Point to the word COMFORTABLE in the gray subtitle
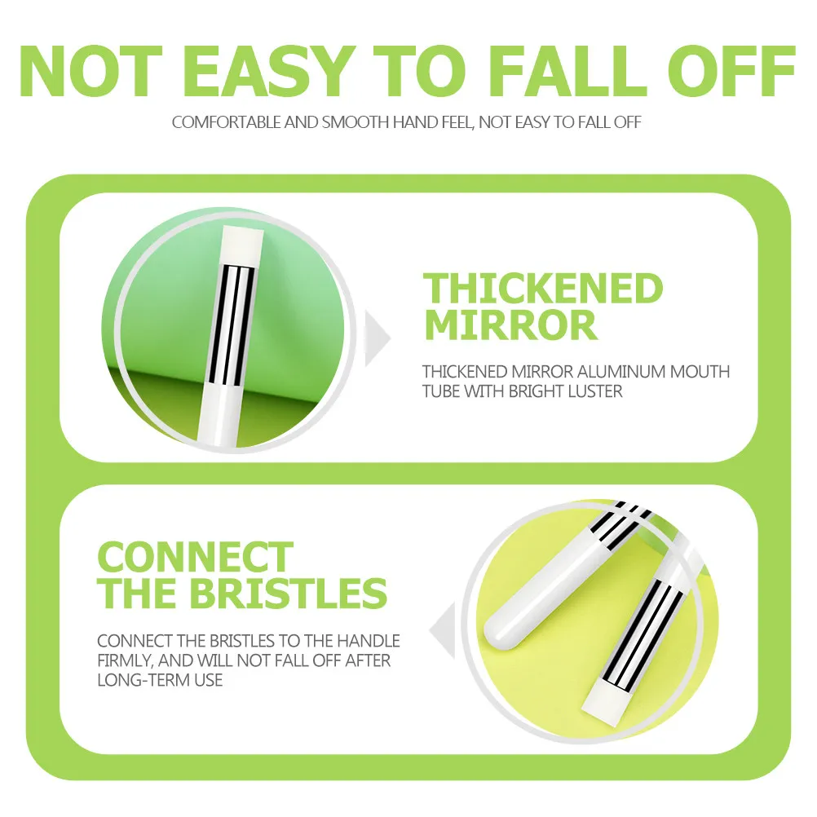(226, 123)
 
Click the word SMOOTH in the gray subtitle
(356, 123)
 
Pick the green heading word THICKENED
(543, 289)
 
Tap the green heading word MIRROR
(511, 325)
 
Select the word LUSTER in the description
(593, 391)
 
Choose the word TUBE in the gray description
(441, 391)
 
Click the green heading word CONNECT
(195, 559)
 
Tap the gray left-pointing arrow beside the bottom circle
(441, 629)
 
